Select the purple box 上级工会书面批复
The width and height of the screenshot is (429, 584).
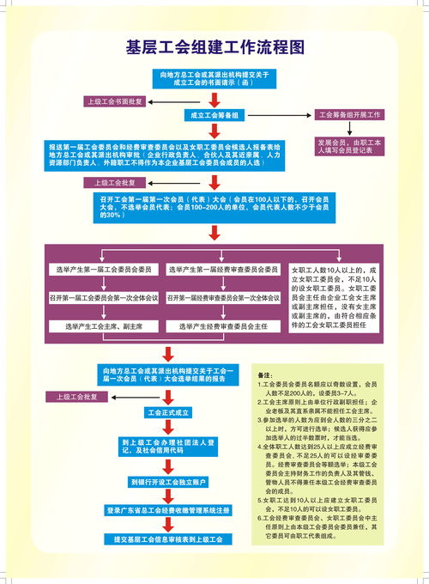pos(119,100)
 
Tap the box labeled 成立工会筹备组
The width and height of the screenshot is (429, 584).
pos(214,115)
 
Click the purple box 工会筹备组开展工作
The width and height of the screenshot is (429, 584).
pos(350,114)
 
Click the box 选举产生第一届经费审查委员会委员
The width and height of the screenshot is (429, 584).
pos(222,270)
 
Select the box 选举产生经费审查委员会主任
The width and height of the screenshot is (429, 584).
pos(222,326)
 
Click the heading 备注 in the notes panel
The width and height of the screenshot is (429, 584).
pos(266,376)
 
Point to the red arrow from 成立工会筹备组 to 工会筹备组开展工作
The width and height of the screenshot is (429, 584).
pos(282,115)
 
